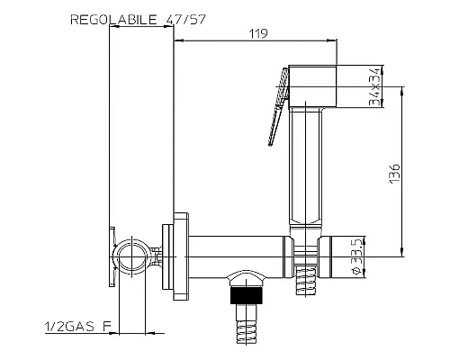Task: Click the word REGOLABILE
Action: point(113,20)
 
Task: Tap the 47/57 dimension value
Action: point(185,20)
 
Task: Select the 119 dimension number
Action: point(258,33)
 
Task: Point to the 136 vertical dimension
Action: point(395,174)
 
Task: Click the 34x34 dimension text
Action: point(375,86)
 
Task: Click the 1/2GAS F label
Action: point(78,327)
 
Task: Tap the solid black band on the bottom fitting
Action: point(247,295)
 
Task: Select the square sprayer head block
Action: point(312,86)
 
